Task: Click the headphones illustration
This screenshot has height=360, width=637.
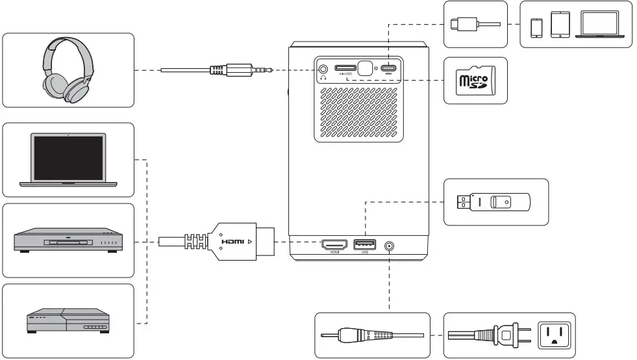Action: tap(68, 70)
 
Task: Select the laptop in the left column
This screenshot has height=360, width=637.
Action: tap(68, 159)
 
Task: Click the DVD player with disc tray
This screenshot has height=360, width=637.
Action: tap(68, 242)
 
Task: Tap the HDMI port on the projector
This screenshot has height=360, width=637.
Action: tap(334, 244)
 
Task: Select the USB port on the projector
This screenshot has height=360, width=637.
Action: tap(365, 244)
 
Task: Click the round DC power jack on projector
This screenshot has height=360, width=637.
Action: tap(389, 246)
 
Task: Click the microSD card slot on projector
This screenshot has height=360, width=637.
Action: tap(345, 68)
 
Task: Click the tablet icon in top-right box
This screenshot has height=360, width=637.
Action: tap(560, 25)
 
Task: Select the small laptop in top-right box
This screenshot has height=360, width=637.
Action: tap(599, 25)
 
